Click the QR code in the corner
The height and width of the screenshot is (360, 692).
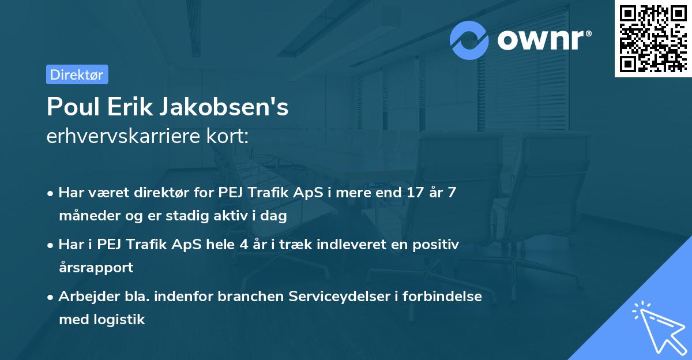coord(653,39)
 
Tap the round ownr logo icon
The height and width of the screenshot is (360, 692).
coord(470,40)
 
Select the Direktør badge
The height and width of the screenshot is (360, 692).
coord(77,74)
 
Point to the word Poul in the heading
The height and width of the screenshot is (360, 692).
coord(70,107)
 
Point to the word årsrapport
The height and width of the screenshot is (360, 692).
coord(96,267)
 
